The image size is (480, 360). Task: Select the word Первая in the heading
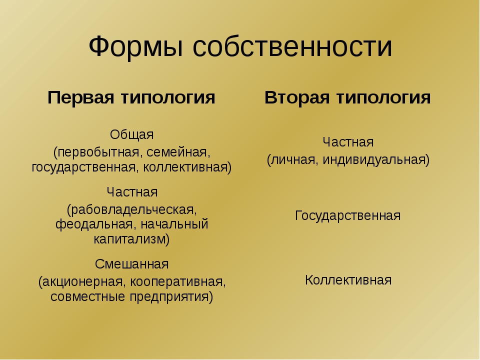coord(81,97)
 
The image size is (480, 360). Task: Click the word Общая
coord(131,134)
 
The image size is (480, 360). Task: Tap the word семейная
coord(178,152)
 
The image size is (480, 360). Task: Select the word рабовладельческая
coord(131,209)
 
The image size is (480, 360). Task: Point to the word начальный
coord(174,224)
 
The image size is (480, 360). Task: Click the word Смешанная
coord(131,264)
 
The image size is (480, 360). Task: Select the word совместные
coord(88,296)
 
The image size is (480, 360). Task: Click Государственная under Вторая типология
coord(348,216)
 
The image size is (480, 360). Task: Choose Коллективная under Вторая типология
coord(348,280)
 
